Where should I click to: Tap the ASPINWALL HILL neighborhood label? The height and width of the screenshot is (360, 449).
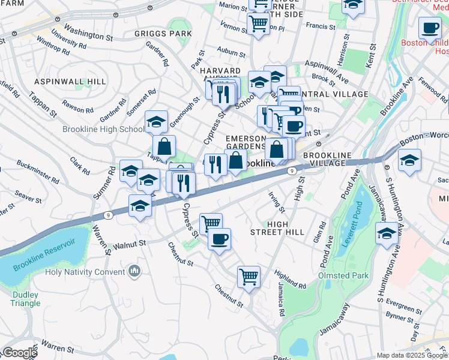click(70, 82)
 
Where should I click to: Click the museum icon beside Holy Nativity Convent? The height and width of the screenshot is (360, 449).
click(135, 272)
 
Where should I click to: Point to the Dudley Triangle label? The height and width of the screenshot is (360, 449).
click(25, 299)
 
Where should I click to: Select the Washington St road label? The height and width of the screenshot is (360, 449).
click(88, 32)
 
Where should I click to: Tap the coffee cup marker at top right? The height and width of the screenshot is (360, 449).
click(430, 28)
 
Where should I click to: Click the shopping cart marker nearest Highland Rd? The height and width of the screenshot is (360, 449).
click(249, 277)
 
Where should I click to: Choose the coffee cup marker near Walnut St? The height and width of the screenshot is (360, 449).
click(219, 239)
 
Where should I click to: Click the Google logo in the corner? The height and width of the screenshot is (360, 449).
click(19, 353)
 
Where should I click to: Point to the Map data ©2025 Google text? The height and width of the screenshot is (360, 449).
click(411, 355)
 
